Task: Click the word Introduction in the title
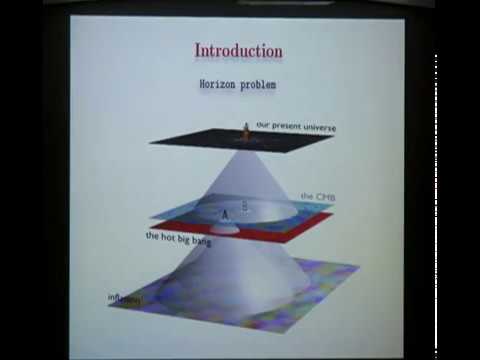238,50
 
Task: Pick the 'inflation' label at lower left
128,298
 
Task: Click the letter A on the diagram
226,213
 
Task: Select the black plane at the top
200,138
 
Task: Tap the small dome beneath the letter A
227,226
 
